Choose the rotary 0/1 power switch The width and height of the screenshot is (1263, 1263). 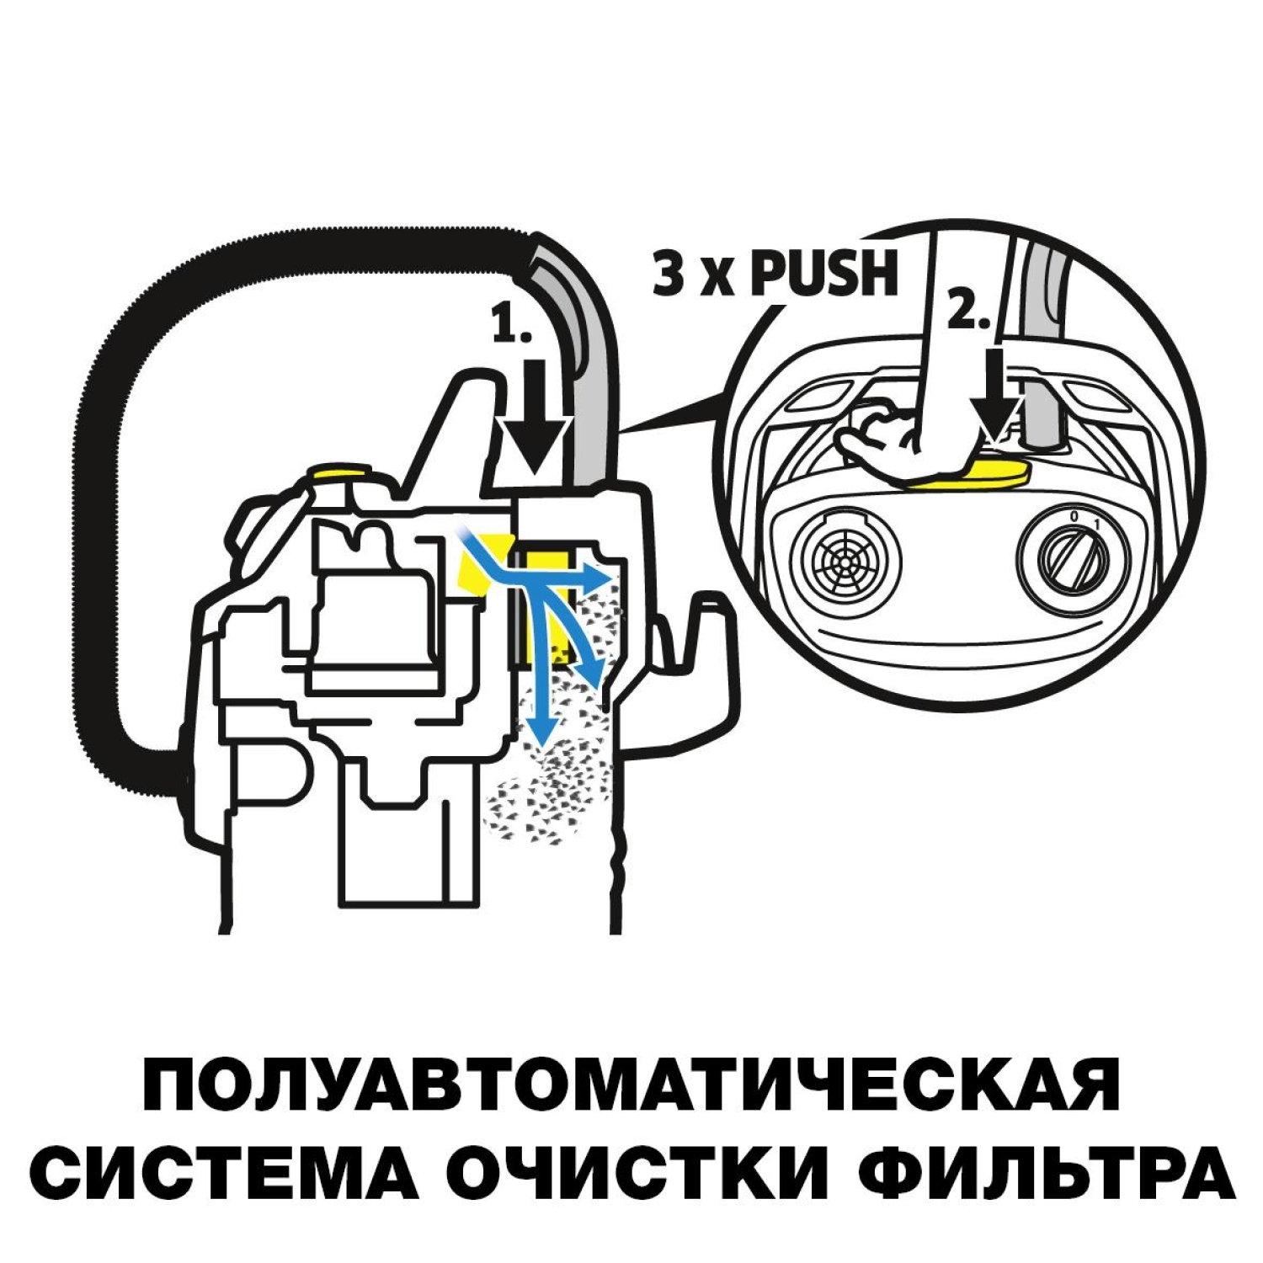(x=1067, y=557)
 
